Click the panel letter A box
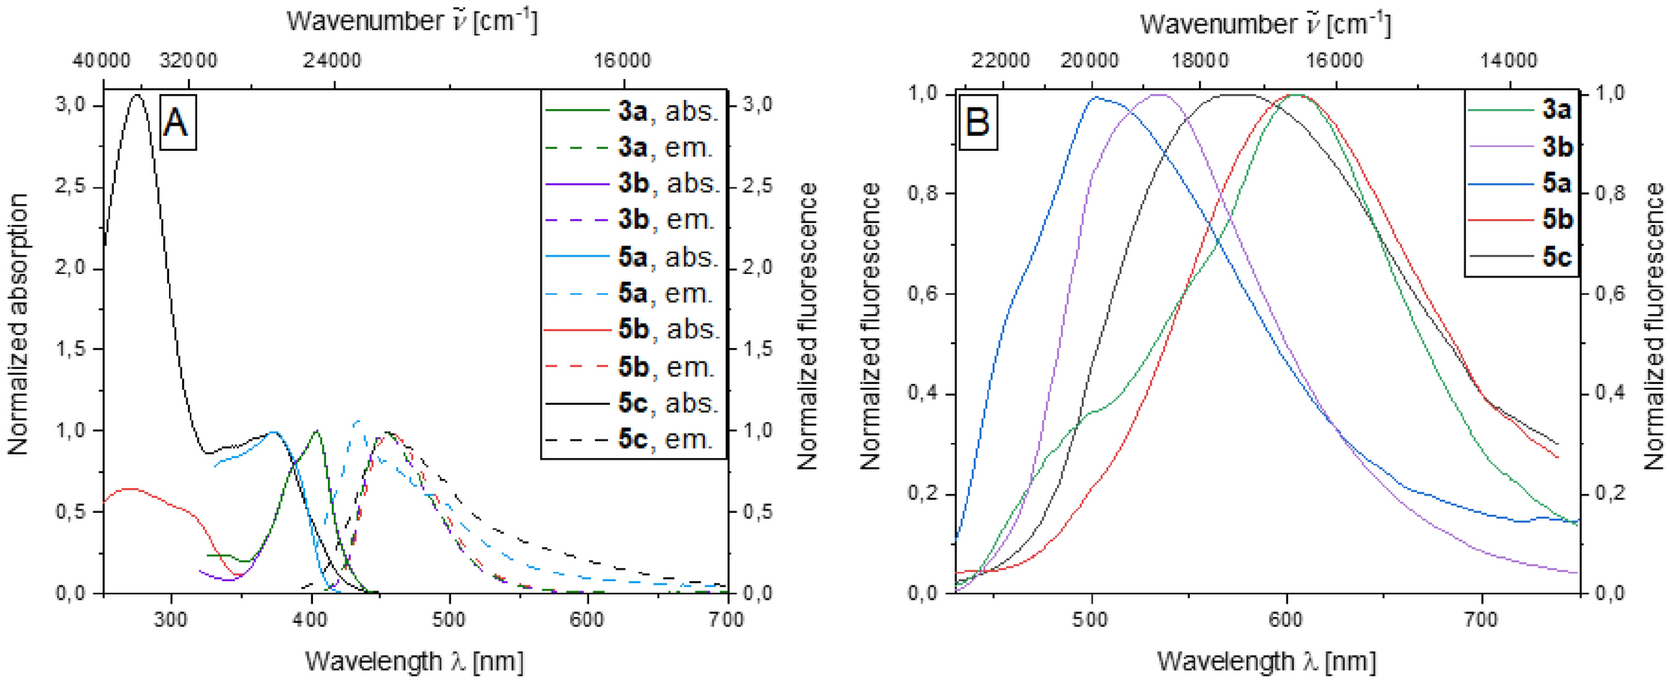coord(177,123)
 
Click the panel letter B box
coord(977,123)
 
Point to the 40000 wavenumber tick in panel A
coord(101,61)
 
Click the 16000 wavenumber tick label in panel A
coord(622,61)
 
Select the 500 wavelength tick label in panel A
coord(449,620)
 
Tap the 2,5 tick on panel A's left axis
coord(70,187)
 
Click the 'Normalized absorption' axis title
coord(18,325)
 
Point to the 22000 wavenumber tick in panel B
coord(1001,61)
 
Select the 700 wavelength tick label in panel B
coord(1481,620)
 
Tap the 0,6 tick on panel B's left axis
coord(922,294)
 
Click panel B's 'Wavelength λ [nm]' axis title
coord(1266,662)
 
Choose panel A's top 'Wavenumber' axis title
coord(412,21)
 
